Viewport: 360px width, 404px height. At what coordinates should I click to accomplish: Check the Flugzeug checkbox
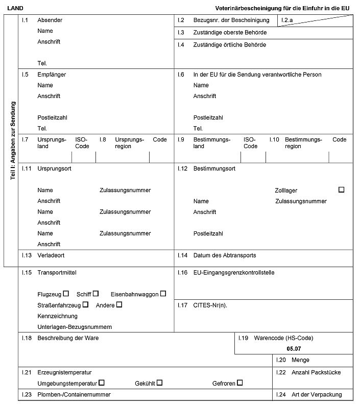click(66, 294)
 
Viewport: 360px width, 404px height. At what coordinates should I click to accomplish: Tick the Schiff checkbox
click(95, 294)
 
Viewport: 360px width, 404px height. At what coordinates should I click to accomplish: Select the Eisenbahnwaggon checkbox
click(163, 294)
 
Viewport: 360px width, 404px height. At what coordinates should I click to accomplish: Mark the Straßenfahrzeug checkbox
click(85, 304)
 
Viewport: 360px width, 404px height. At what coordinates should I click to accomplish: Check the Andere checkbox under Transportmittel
click(119, 304)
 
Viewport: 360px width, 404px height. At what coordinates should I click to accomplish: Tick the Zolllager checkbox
click(341, 189)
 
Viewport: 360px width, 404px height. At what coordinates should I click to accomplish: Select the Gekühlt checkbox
click(159, 383)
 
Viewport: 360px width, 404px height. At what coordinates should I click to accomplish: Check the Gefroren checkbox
click(239, 383)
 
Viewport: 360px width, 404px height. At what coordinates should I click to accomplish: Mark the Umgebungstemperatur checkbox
click(102, 383)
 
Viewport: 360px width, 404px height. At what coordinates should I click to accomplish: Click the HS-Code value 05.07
click(294, 348)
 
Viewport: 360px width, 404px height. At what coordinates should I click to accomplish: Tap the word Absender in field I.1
click(50, 20)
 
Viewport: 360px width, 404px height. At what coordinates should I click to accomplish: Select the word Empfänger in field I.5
click(52, 75)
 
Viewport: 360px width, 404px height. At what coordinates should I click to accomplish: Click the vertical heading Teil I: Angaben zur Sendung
click(13, 140)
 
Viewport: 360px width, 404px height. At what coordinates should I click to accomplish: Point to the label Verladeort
click(51, 255)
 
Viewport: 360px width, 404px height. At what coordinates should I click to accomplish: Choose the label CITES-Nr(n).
click(210, 305)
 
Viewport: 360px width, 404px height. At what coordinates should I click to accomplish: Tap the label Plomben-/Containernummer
click(74, 395)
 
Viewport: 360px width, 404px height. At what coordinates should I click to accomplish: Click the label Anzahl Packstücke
click(316, 372)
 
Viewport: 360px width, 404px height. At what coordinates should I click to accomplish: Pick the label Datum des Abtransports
click(224, 255)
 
